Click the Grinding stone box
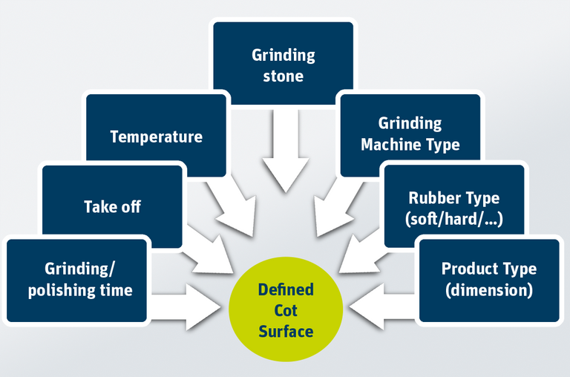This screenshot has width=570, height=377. tap(283, 65)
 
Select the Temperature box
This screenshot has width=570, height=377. tap(156, 137)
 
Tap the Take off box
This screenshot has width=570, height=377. tap(112, 206)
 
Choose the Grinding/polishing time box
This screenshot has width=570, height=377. tap(79, 279)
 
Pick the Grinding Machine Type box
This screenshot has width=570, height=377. tap(410, 134)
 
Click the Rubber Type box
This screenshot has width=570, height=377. tap(453, 208)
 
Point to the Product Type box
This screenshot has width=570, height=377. tap(488, 279)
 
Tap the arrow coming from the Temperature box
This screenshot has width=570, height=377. tap(232, 208)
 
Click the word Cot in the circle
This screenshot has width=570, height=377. tap(286, 310)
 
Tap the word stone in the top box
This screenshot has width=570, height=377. tap(283, 76)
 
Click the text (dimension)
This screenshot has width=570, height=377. tap(488, 289)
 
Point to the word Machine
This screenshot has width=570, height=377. tap(390, 144)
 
